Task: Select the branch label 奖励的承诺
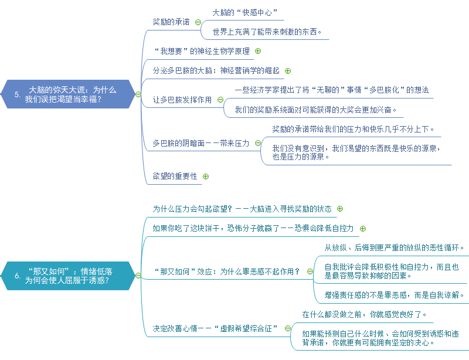tap(171, 22)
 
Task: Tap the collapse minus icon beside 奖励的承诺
tap(198, 22)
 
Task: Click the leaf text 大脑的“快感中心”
tap(244, 12)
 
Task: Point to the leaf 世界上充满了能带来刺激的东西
tap(267, 32)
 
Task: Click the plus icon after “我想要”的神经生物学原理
tap(258, 51)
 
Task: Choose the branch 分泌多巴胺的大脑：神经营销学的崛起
tap(216, 70)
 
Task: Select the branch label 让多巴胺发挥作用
tap(182, 100)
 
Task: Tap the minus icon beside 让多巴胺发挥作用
tap(220, 100)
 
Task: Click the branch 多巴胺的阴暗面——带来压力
tap(200, 142)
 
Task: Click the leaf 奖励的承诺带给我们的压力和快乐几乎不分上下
tap(353, 129)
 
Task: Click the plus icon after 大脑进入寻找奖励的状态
tap(340, 209)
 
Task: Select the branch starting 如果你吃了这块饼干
tap(253, 227)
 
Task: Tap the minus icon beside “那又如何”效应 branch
tap(309, 271)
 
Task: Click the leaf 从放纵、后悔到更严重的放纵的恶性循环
tap(394, 247)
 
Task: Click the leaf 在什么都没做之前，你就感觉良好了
tap(365, 314)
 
